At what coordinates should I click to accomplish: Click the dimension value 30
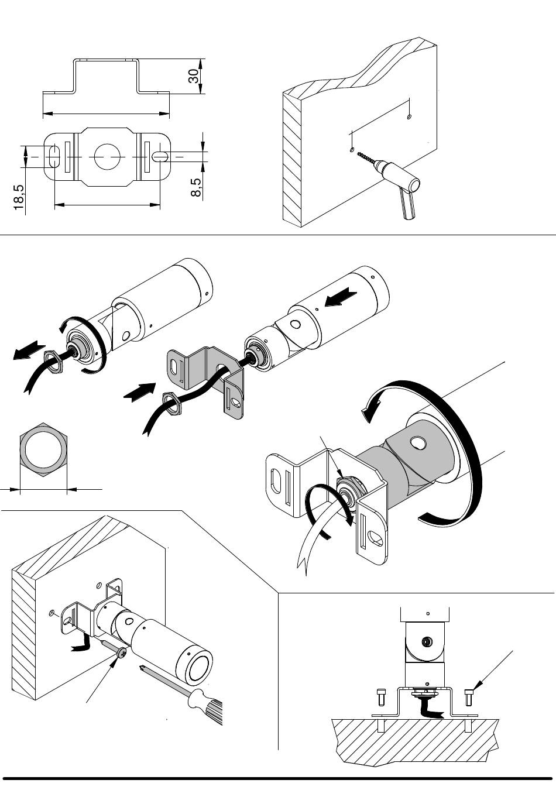pyautogui.click(x=194, y=75)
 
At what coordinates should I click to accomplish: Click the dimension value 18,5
pyautogui.click(x=19, y=197)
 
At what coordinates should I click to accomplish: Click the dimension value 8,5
pyautogui.click(x=196, y=187)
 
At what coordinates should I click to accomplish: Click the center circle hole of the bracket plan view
pyautogui.click(x=108, y=157)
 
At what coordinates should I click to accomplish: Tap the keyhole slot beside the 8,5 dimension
pyautogui.click(x=160, y=157)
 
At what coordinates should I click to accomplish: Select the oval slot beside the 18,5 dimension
pyautogui.click(x=54, y=156)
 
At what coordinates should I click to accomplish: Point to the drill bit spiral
pyautogui.click(x=366, y=157)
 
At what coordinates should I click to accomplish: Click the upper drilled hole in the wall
pyautogui.click(x=409, y=116)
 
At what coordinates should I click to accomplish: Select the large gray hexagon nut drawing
pyautogui.click(x=43, y=449)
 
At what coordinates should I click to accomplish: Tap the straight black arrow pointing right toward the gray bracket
pyautogui.click(x=140, y=392)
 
